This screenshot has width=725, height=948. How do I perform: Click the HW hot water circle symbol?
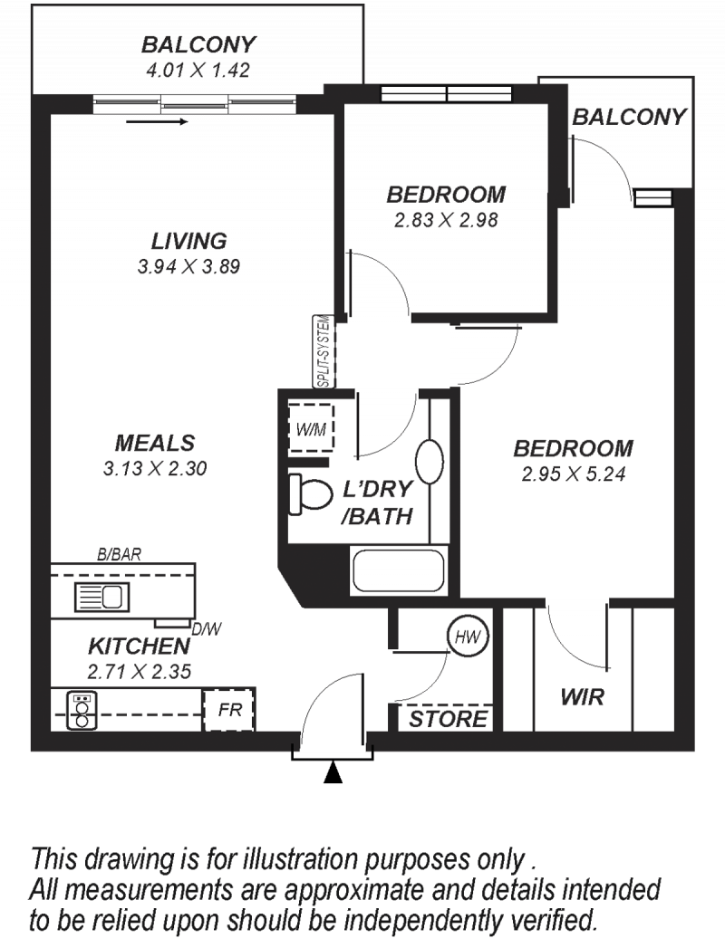468,636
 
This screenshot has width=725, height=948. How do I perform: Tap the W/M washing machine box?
311,428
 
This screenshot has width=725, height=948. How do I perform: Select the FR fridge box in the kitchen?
228,710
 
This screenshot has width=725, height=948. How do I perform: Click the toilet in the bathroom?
311,494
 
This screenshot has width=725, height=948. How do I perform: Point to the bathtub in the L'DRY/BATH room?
398,570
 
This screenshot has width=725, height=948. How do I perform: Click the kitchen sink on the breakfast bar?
101,597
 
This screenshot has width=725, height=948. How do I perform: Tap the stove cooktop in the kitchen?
82,711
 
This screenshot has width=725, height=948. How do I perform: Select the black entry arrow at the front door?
333,772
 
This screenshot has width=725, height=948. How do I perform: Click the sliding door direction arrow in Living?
158,121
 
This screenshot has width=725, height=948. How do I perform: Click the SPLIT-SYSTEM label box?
324,351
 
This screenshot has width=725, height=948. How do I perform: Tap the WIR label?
582,697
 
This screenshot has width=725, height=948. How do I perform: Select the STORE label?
448,720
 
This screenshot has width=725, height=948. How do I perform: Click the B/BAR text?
120,554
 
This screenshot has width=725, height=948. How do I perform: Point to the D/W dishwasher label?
207,629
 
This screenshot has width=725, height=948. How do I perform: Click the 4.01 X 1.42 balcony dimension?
198,70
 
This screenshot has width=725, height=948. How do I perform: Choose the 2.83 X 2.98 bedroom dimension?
446,220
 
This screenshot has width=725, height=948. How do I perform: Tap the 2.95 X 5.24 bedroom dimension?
574,474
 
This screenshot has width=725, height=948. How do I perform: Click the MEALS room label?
155,443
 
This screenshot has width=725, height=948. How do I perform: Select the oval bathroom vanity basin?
430,461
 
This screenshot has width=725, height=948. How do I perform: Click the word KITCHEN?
140,646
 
